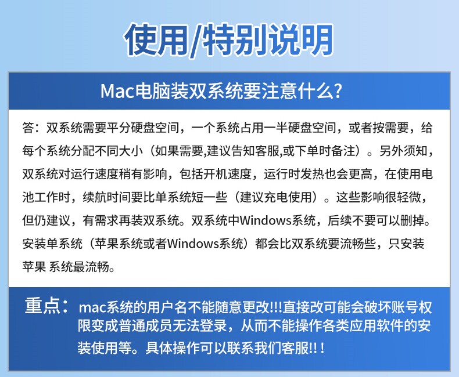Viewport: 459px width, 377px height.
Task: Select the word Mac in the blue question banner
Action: (117, 91)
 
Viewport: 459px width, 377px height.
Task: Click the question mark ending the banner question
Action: (338, 91)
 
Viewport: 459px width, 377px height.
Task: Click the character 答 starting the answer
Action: (28, 128)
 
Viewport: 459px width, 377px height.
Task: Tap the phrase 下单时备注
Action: (325, 151)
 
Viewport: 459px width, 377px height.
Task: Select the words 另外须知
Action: (403, 151)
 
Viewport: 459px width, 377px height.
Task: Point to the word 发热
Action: (312, 174)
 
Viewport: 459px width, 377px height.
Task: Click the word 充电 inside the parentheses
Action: (276, 197)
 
